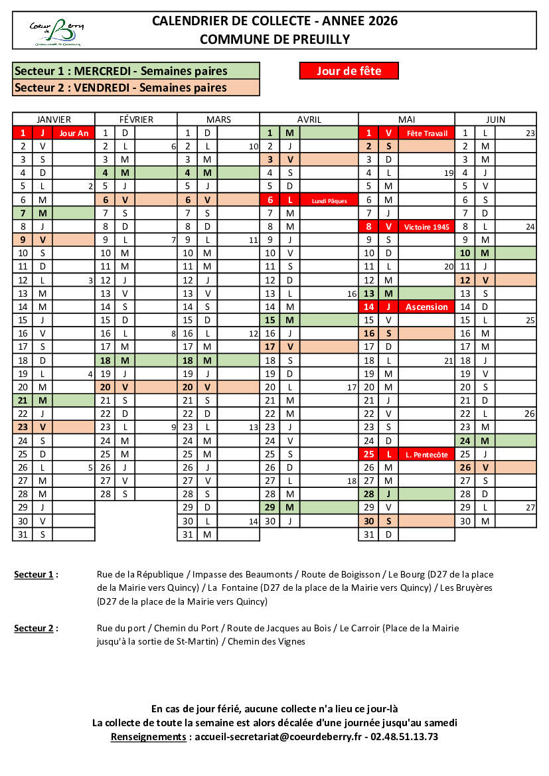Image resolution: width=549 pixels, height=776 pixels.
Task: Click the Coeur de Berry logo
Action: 56,32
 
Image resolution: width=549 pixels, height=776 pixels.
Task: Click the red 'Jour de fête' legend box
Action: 349,70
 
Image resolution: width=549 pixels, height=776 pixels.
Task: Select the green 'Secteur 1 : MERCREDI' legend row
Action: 136,71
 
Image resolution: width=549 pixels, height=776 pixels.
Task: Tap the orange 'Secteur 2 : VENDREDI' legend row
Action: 136,88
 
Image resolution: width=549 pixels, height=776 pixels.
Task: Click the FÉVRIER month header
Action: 136,119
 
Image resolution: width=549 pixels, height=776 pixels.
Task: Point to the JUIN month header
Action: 495,119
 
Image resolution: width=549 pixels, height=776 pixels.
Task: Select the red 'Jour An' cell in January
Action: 74,133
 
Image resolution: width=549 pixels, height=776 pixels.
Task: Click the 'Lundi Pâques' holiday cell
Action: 329,200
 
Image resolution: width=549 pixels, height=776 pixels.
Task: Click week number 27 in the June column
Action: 530,507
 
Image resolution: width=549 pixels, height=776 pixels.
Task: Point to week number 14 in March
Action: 253,521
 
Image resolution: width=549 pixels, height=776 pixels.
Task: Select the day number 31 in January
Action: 23,534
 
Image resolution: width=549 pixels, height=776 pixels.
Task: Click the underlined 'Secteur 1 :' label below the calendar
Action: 36,574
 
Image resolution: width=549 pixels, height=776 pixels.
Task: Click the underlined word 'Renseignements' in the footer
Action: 148,737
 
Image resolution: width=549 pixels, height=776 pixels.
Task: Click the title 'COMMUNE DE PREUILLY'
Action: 275,39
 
